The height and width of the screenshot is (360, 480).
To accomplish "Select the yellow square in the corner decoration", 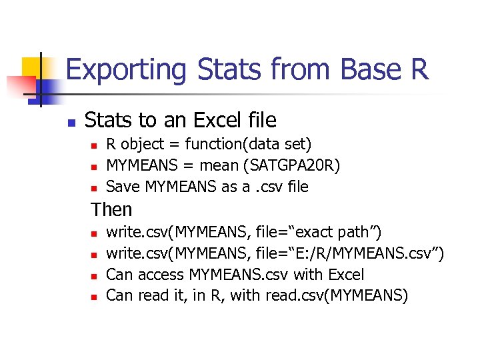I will pos(33,68).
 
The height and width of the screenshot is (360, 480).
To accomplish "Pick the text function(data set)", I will pos(248,144).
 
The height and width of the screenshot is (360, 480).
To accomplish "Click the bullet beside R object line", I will pos(95,145).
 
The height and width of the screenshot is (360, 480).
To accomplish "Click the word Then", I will pos(111,209).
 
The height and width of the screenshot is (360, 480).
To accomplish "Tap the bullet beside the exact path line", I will pos(95,233).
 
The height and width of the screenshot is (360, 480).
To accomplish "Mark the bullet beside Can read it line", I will pos(95,296).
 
